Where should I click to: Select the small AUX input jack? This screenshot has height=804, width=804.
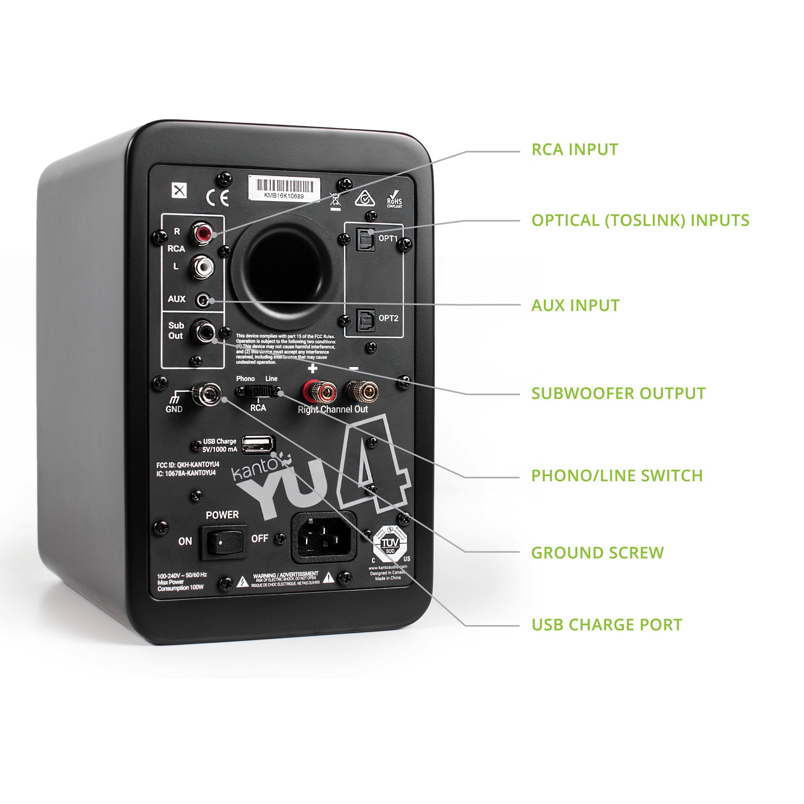[203, 299]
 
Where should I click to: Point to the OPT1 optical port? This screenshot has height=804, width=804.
[365, 240]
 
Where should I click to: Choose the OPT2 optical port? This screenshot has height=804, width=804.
[365, 320]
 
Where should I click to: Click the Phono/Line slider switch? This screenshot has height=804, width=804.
[258, 391]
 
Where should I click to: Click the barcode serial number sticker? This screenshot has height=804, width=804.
[284, 188]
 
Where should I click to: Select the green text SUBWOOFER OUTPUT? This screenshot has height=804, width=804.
[618, 393]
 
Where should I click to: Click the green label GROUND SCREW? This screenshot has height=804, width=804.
[597, 553]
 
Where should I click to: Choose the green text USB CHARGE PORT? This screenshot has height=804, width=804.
[607, 625]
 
